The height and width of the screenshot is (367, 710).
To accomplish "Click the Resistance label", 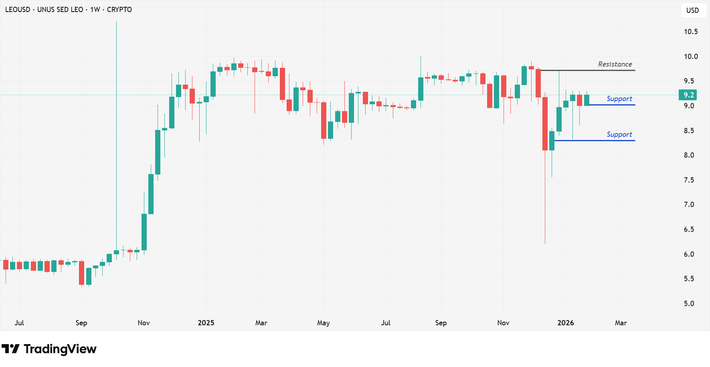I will click(615, 64).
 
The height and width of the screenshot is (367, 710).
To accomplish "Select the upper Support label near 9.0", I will click(619, 99).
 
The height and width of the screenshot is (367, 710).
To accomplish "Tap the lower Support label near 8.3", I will click(619, 134).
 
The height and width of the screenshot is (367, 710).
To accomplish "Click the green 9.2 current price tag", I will click(688, 95).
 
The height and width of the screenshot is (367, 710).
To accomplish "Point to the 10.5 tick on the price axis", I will click(690, 32).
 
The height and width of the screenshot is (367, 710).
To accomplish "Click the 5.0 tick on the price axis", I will click(689, 304).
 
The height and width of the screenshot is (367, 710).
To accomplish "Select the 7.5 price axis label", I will click(689, 180).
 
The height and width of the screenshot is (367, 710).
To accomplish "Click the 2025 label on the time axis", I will click(206, 323).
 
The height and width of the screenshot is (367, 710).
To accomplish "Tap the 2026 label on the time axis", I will click(565, 323).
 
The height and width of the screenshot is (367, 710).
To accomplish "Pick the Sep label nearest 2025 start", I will click(81, 323).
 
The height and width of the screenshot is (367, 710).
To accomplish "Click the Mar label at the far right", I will click(621, 323).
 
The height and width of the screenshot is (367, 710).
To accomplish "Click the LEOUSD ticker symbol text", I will click(18, 10).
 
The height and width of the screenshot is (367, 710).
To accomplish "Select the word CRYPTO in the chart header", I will click(119, 10).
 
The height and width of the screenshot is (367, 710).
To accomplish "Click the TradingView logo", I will click(49, 349).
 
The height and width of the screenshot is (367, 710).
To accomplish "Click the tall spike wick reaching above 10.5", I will click(116, 80).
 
